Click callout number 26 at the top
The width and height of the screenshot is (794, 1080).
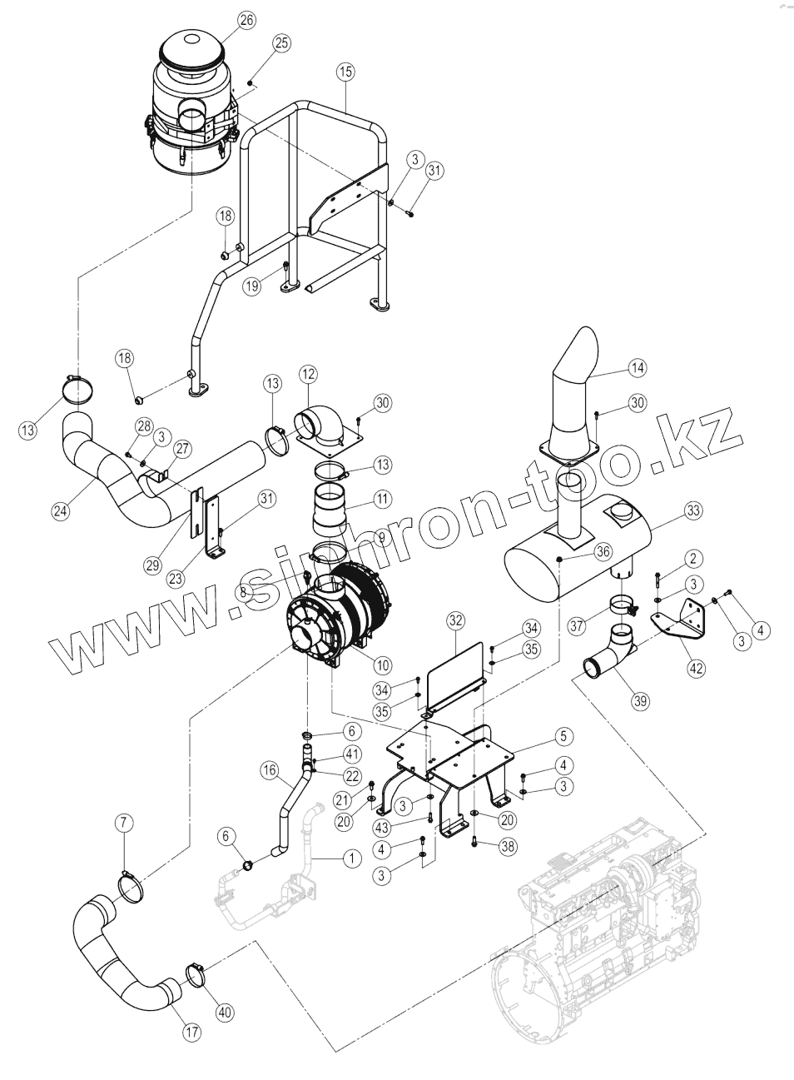(246, 21)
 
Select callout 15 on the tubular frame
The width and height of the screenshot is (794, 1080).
(345, 72)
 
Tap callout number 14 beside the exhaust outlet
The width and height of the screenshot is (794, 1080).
(638, 367)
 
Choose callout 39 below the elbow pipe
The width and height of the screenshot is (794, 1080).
(639, 701)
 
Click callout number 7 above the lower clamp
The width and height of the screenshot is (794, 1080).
(123, 824)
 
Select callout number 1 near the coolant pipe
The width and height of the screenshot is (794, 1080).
(350, 856)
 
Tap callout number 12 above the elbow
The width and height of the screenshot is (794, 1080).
(309, 376)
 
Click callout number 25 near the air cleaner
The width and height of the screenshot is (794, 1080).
(280, 42)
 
